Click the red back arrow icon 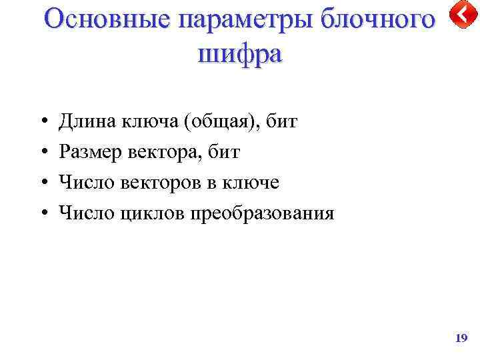pos(462,15)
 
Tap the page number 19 pos(461,339)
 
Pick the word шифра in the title pos(240,53)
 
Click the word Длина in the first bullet pos(87,121)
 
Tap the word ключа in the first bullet pos(146,121)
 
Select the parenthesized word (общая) pos(219,122)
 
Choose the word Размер pos(89,152)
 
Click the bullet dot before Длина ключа pos(42,122)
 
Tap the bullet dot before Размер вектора pos(42,153)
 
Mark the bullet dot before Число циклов pos(42,214)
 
